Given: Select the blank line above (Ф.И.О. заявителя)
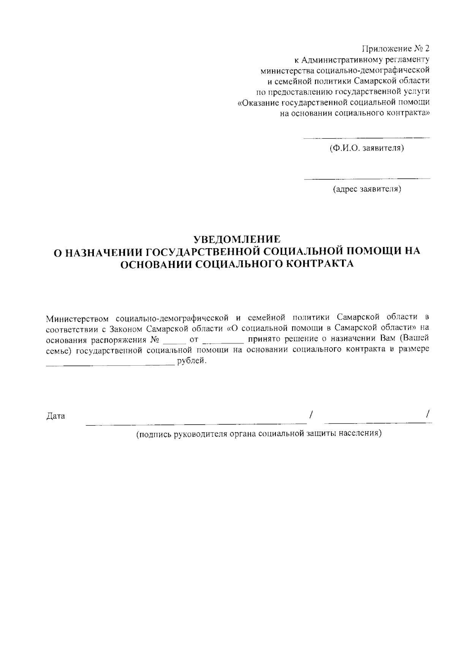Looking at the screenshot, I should (367, 137).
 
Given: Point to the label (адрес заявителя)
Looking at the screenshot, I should (367, 189).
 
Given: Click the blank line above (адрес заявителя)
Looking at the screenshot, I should (367, 178).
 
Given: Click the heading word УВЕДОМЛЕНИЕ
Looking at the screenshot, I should (237, 239).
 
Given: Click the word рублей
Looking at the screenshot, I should (192, 361).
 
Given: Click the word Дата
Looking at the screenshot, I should (55, 416).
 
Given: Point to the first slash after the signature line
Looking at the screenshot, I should (311, 414).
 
